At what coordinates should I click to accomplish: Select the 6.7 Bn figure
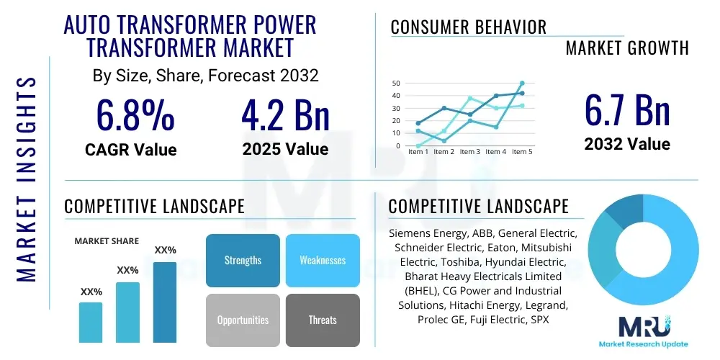626,109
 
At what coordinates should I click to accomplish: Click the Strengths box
243,260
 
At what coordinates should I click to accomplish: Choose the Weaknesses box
322,260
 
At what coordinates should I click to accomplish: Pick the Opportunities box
243,320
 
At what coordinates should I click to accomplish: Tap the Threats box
322,320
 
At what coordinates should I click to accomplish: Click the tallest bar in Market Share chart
165,302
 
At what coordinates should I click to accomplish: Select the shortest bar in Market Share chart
91,322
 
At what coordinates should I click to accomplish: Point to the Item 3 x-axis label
469,152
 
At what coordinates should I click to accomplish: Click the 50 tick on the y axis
395,84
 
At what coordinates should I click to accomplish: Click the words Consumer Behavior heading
468,27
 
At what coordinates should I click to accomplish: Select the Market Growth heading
626,48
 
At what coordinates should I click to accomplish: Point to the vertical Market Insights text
27,178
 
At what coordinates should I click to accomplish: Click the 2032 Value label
626,144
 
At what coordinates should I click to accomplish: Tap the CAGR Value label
130,150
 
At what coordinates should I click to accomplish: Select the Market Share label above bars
107,241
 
